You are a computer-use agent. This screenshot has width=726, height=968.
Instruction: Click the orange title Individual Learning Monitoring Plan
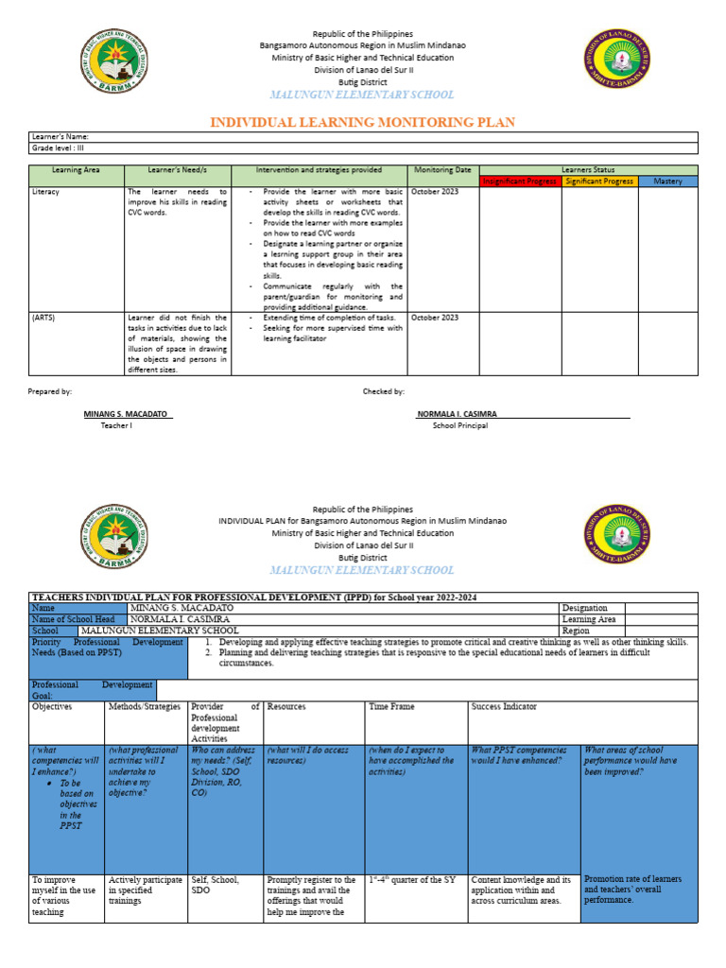tap(362, 123)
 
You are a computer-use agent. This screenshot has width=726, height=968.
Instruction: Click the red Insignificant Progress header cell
tap(521, 181)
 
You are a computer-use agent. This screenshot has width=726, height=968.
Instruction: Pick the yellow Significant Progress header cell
tap(599, 181)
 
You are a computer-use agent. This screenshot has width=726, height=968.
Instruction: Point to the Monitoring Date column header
tap(441, 170)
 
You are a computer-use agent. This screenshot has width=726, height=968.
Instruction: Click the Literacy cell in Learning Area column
tap(45, 192)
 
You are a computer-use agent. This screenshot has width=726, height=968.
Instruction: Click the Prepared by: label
tap(50, 390)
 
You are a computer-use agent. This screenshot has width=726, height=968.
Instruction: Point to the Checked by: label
tap(384, 390)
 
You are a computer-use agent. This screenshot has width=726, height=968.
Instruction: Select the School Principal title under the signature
tap(460, 425)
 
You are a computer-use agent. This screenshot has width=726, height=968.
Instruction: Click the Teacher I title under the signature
tap(117, 425)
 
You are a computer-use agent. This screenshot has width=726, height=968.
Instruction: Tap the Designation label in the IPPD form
tap(585, 608)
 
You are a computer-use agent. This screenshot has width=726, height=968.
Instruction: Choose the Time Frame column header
tap(391, 706)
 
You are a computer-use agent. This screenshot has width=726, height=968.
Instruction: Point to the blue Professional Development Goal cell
tap(93, 689)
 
